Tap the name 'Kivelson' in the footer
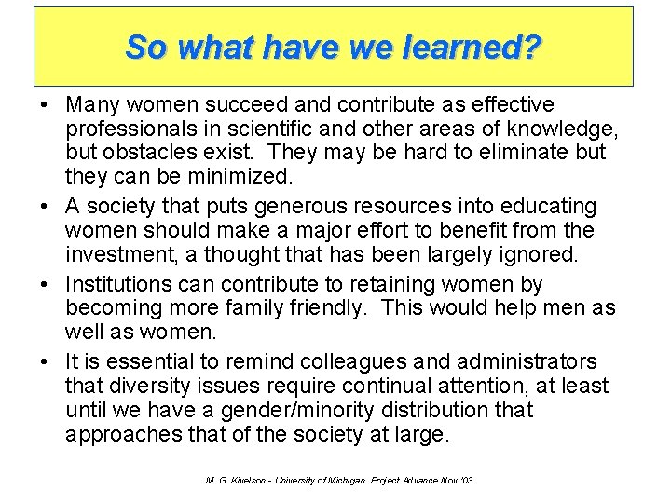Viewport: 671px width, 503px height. click(x=236, y=479)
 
